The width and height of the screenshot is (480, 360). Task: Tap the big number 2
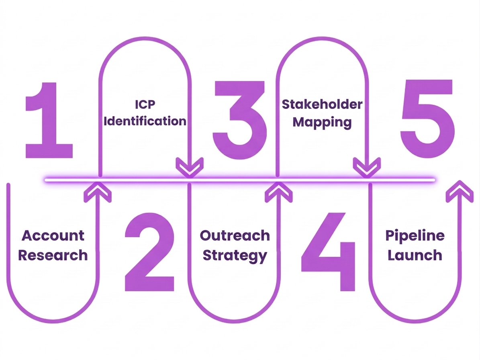point(149,252)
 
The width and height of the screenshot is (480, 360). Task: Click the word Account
point(53,235)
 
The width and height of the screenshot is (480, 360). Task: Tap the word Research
point(53,255)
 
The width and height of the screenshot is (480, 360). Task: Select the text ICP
point(145,104)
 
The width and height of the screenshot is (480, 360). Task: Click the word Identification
point(145,121)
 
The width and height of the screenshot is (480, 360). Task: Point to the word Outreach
point(235,235)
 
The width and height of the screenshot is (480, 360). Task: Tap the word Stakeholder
point(322,104)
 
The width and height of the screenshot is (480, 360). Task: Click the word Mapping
point(322,122)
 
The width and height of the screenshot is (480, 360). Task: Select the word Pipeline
point(415,235)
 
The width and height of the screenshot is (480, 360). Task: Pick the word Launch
point(415,255)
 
